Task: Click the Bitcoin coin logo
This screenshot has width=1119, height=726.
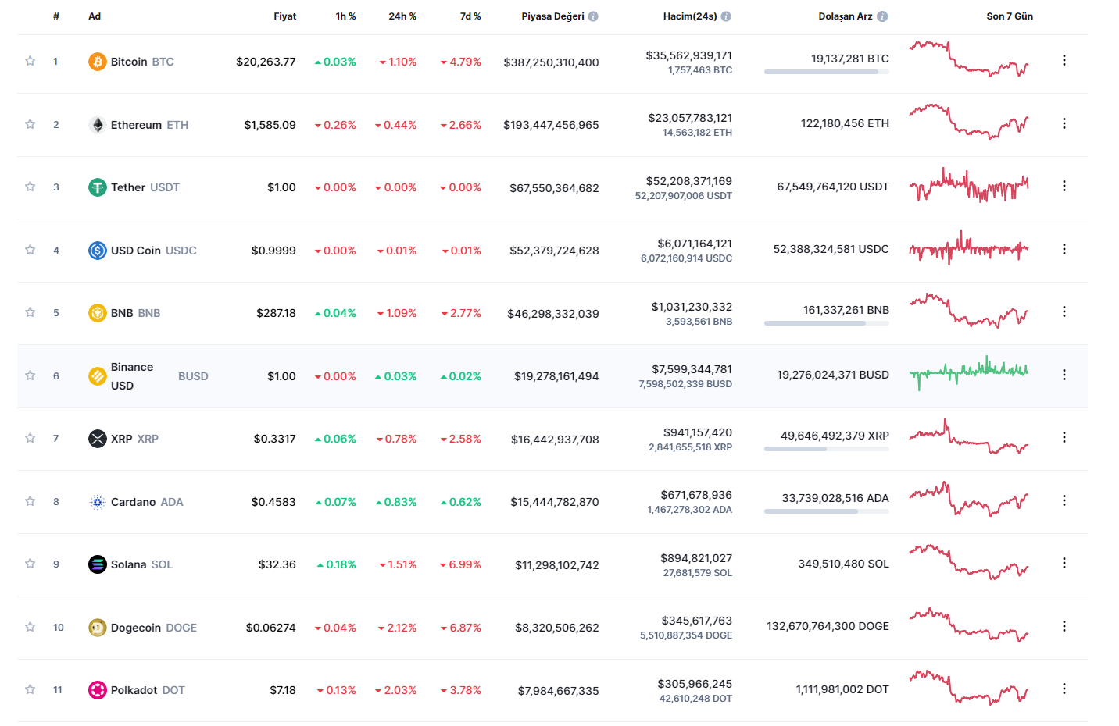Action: tap(97, 62)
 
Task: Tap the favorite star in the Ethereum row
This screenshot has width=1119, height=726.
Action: tap(30, 124)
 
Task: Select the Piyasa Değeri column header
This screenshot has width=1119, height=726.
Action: tap(552, 16)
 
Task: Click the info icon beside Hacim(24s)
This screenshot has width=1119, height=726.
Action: tap(726, 16)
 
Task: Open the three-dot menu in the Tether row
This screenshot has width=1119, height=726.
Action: tap(1064, 186)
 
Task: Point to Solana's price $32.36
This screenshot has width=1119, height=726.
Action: tap(277, 564)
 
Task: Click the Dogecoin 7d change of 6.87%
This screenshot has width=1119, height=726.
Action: tap(464, 628)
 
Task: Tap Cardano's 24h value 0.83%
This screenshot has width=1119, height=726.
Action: tap(399, 502)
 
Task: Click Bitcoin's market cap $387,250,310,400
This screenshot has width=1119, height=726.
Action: tap(551, 62)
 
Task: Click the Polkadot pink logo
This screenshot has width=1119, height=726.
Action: tap(97, 690)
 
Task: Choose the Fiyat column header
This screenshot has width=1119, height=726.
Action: tap(284, 16)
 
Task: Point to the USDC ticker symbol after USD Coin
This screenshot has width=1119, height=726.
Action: tap(181, 251)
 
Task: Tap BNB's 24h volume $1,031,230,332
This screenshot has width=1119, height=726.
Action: tap(692, 307)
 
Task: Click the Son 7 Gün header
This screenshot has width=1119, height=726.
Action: tap(1009, 16)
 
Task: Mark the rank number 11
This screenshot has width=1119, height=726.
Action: tap(58, 690)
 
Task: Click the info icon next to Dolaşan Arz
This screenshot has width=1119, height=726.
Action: tap(882, 16)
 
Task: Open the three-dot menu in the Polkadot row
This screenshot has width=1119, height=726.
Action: tap(1064, 689)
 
